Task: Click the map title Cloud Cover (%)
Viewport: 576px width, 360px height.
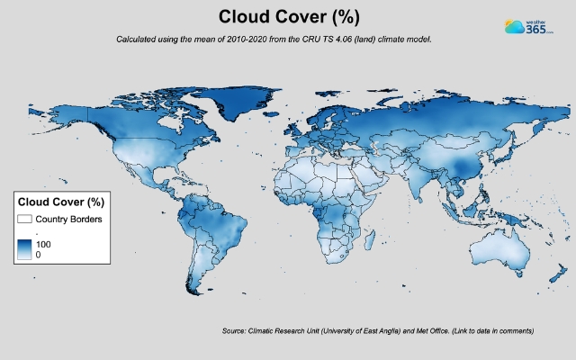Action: pyautogui.click(x=288, y=17)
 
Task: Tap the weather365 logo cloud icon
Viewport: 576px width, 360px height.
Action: pyautogui.click(x=514, y=27)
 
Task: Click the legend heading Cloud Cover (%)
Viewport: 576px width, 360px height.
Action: pyautogui.click(x=60, y=202)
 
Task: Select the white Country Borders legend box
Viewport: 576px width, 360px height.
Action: pyautogui.click(x=24, y=219)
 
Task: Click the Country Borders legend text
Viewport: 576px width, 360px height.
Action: pyautogui.click(x=68, y=219)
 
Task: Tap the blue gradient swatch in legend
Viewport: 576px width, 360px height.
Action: pyautogui.click(x=24, y=249)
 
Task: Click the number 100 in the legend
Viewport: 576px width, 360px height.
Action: pyautogui.click(x=42, y=244)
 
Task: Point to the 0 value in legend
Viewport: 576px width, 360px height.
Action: pyautogui.click(x=38, y=255)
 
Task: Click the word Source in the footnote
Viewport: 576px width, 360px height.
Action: pyautogui.click(x=233, y=331)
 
